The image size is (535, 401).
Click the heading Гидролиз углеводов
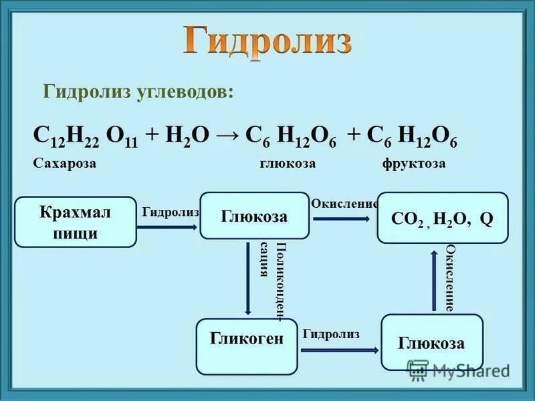click(x=139, y=92)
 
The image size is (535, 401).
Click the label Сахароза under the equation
click(x=64, y=164)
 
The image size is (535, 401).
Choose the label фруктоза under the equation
click(x=414, y=164)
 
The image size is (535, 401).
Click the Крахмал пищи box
click(x=75, y=222)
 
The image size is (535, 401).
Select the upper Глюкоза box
click(x=255, y=216)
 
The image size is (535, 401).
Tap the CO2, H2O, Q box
click(x=442, y=219)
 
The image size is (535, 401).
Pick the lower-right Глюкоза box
click(x=431, y=342)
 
